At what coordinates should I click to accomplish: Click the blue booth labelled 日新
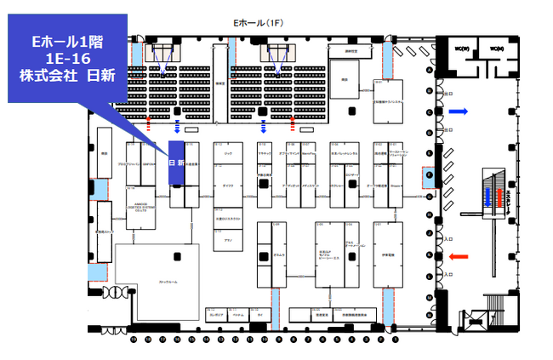pos(177,163)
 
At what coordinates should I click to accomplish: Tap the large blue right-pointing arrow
pos(459,111)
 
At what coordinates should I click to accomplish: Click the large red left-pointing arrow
pos(459,256)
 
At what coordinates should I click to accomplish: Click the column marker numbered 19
pos(134,339)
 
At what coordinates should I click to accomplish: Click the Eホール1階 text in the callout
pos(66,40)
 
